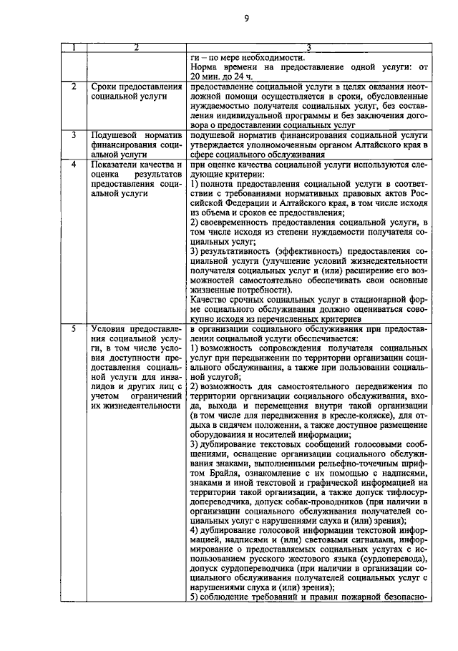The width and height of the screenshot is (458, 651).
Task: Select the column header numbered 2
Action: tap(136, 48)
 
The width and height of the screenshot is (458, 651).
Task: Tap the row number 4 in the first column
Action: tap(74, 165)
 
